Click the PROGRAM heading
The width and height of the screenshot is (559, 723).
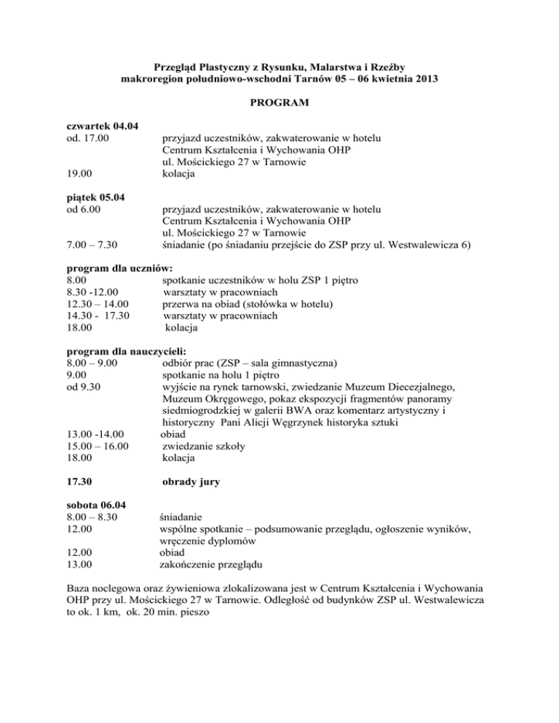[x=279, y=104]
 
